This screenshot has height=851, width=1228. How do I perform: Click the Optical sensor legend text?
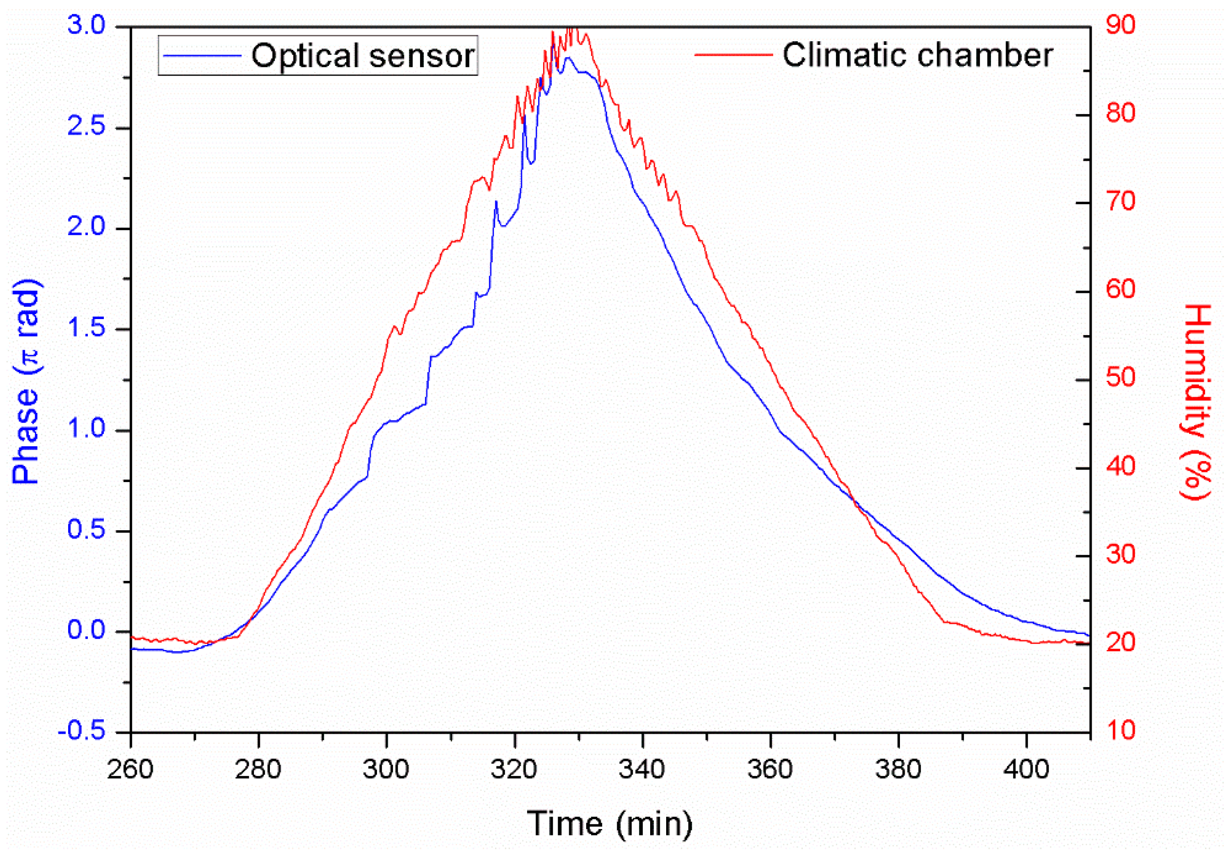click(362, 56)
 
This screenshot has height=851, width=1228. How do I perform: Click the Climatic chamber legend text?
click(917, 55)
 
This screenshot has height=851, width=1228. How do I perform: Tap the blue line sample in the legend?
click(202, 55)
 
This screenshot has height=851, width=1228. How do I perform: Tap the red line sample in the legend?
click(733, 54)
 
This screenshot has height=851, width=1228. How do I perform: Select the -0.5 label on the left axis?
click(81, 732)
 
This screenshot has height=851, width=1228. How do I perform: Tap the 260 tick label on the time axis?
click(130, 770)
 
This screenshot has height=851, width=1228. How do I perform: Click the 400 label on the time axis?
click(1026, 770)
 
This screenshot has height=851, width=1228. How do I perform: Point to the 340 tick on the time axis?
click(642, 770)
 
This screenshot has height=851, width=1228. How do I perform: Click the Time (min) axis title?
click(609, 823)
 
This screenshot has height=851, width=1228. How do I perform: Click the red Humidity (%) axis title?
click(1196, 402)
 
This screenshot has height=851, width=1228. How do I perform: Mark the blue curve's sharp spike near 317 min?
click(496, 202)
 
